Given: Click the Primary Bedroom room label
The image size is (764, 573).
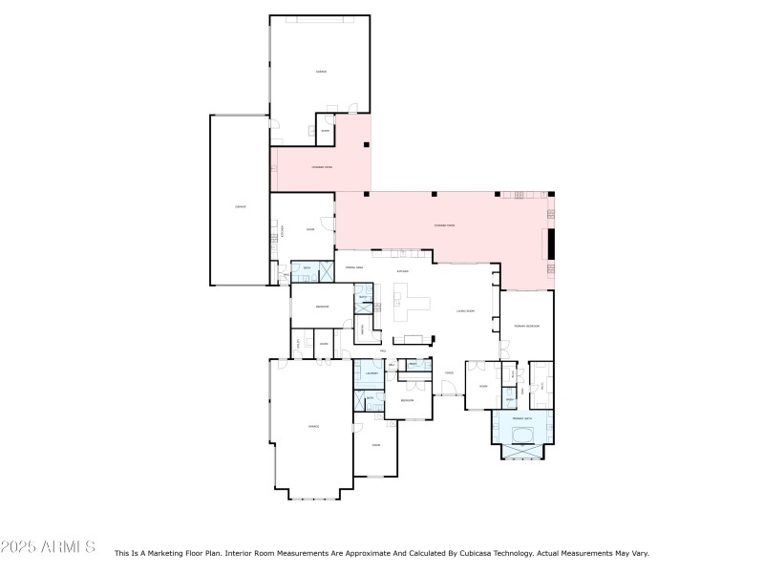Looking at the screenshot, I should [527, 327].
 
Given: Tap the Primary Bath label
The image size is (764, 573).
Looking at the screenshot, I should [521, 418].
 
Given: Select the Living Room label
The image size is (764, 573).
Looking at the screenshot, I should [466, 311].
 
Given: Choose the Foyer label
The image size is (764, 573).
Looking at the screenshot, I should [448, 373].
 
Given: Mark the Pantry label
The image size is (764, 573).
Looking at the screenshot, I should [363, 329].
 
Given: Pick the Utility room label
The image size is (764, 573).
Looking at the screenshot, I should [298, 343].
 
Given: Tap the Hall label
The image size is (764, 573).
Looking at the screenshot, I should [382, 351].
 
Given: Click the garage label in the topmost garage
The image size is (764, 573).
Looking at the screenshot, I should [320, 73].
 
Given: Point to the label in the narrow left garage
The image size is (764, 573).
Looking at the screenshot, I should [240, 206].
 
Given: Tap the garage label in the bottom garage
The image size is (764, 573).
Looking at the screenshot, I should [312, 425].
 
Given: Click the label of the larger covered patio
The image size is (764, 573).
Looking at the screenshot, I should [444, 225].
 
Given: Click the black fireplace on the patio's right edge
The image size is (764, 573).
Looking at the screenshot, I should [549, 243].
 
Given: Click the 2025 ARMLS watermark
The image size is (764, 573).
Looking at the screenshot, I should [48, 548].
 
